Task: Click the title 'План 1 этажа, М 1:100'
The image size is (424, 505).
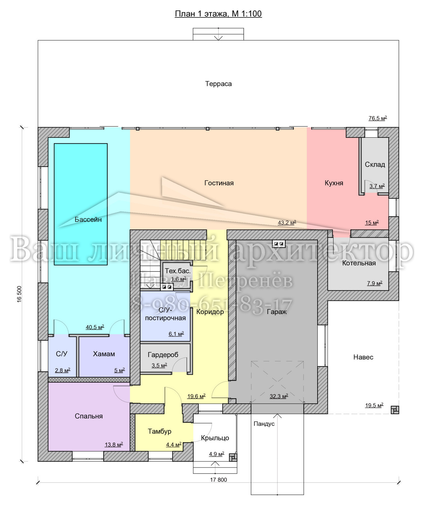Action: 218,14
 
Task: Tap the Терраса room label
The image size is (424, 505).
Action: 218,84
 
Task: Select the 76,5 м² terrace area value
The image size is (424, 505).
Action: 378,118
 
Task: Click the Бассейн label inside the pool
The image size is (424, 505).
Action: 88,219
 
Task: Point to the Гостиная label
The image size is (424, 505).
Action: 219,183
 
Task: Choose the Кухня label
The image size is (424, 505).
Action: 334,183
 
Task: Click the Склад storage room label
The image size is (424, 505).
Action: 375,164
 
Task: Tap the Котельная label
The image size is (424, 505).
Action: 359,263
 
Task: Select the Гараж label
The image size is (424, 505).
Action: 277,312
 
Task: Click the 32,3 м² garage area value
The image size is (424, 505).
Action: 279,396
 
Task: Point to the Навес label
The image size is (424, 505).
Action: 363,357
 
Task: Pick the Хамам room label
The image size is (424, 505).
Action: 104,354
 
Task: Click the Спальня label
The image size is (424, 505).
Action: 89,416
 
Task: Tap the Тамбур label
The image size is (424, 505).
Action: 160,431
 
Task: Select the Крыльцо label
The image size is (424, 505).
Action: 215,438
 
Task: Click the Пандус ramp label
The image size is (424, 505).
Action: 264,424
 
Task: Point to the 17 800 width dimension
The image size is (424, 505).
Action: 219,480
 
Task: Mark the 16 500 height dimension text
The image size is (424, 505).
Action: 20,294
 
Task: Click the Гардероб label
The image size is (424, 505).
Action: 163,355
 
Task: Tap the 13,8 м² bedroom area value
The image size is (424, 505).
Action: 114,445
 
